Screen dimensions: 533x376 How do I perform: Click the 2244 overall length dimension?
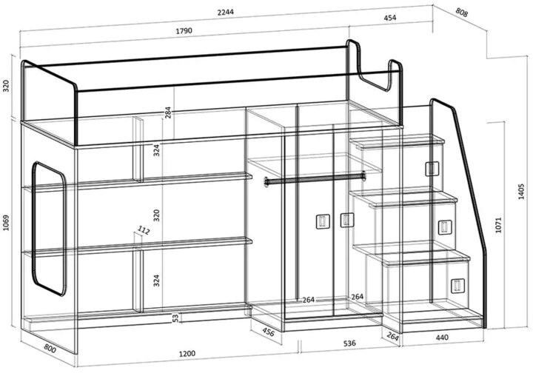[225, 13]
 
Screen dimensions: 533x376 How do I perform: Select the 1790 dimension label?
[184, 30]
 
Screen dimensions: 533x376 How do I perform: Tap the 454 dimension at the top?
[389, 18]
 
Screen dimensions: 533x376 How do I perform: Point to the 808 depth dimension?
[462, 13]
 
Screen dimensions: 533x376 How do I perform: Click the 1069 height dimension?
[6, 223]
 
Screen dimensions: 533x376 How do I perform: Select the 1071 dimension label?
[498, 225]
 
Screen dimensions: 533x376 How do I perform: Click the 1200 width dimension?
[187, 354]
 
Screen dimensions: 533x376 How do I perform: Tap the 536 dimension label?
[349, 343]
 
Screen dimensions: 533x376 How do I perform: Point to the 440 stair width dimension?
[442, 338]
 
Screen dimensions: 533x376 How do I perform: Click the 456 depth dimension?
[268, 332]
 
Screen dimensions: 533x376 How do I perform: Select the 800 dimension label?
[50, 348]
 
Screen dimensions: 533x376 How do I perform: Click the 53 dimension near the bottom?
[175, 318]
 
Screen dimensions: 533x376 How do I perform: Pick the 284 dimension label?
[168, 113]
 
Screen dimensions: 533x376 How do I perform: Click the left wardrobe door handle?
[323, 222]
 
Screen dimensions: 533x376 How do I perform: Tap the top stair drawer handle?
[432, 169]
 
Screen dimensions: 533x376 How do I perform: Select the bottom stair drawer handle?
[457, 286]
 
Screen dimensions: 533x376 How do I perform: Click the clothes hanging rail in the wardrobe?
[315, 179]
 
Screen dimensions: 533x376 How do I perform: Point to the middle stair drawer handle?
[445, 227]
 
